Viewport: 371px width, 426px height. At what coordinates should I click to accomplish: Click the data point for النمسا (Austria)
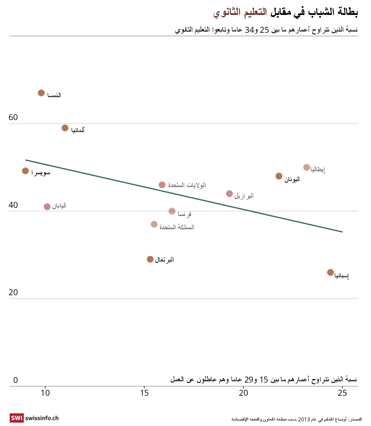[x=41, y=93]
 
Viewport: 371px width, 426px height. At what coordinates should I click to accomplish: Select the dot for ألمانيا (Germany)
[x=65, y=128]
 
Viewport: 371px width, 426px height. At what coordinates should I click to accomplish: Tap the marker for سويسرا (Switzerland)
[x=26, y=171]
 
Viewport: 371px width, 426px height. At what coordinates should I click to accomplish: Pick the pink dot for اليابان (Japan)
[x=47, y=207]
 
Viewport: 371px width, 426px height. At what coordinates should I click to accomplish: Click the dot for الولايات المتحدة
[x=162, y=185]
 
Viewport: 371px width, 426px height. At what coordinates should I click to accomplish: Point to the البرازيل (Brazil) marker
[x=229, y=194]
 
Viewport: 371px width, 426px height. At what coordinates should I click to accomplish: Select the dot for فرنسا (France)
[x=172, y=211]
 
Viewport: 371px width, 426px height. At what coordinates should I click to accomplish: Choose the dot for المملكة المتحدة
[x=154, y=224]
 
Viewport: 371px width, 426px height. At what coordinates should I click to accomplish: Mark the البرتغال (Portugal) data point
[x=150, y=259]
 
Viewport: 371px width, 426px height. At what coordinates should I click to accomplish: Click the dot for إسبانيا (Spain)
[x=330, y=272]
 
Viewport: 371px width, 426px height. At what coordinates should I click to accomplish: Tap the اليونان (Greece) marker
[x=279, y=176]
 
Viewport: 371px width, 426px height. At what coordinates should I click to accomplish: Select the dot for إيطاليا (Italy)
[x=307, y=167]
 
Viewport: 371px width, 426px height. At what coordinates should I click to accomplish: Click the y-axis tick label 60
[x=13, y=118]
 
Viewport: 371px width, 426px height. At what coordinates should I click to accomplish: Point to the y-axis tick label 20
[x=13, y=293]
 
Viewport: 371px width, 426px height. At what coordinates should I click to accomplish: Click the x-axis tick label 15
[x=144, y=394]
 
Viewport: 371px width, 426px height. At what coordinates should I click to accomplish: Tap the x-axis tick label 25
[x=342, y=394]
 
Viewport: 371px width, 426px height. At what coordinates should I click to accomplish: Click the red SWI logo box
[x=17, y=418]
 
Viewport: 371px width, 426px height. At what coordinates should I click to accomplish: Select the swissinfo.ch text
[x=42, y=418]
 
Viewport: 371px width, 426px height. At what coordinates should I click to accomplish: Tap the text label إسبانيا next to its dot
[x=342, y=276]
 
